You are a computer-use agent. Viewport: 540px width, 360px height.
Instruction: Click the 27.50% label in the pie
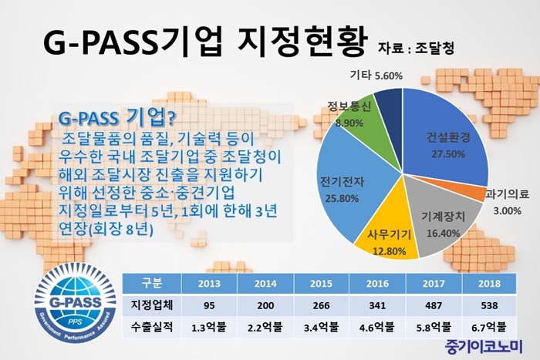point(448,153)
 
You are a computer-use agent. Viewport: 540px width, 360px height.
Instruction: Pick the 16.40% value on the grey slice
point(444,233)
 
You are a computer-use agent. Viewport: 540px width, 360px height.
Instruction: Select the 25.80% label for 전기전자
point(342,198)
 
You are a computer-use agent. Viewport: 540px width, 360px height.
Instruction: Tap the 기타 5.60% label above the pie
point(376,76)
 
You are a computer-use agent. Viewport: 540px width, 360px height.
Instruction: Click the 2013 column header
point(209,284)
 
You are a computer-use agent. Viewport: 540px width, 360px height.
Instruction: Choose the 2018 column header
point(489,284)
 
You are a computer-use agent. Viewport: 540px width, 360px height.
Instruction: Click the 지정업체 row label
point(151,305)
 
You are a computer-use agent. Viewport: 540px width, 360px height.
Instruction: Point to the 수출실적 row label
point(151,327)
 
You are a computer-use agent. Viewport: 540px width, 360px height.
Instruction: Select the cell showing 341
point(377,305)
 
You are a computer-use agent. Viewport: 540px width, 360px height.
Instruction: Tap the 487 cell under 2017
point(434,305)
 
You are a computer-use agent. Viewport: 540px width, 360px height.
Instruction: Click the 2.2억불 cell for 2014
point(265,328)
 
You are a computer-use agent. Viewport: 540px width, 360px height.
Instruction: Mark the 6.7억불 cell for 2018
point(489,328)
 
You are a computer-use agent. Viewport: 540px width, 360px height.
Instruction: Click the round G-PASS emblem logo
point(76,304)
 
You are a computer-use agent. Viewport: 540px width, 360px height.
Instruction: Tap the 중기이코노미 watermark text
point(484,347)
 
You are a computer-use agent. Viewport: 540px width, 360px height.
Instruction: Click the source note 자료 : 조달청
point(416,49)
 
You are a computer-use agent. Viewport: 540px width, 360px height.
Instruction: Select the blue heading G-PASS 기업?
point(117,119)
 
